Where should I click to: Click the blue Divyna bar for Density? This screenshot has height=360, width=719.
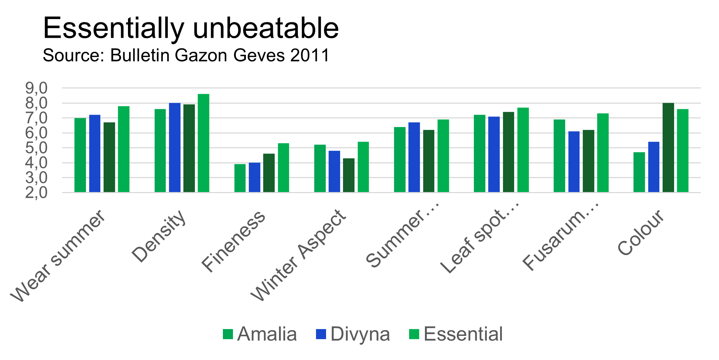(175, 147)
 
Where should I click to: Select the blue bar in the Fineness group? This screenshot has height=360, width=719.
(255, 177)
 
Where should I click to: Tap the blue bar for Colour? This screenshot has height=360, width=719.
(654, 167)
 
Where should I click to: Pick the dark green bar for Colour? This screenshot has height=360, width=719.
(668, 147)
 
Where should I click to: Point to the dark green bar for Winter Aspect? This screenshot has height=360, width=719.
(349, 175)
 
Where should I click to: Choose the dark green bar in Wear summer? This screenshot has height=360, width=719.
(109, 157)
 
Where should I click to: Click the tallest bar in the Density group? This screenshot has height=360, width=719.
(203, 143)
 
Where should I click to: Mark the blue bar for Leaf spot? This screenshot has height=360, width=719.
(494, 154)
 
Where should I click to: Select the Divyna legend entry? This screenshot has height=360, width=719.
(353, 334)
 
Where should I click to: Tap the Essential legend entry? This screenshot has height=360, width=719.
(456, 334)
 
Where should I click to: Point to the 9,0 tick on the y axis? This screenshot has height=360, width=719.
(36, 88)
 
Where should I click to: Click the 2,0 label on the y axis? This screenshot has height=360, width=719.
(36, 193)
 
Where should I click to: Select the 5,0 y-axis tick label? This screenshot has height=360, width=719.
(36, 148)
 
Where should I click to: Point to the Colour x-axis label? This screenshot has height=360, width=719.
(641, 232)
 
